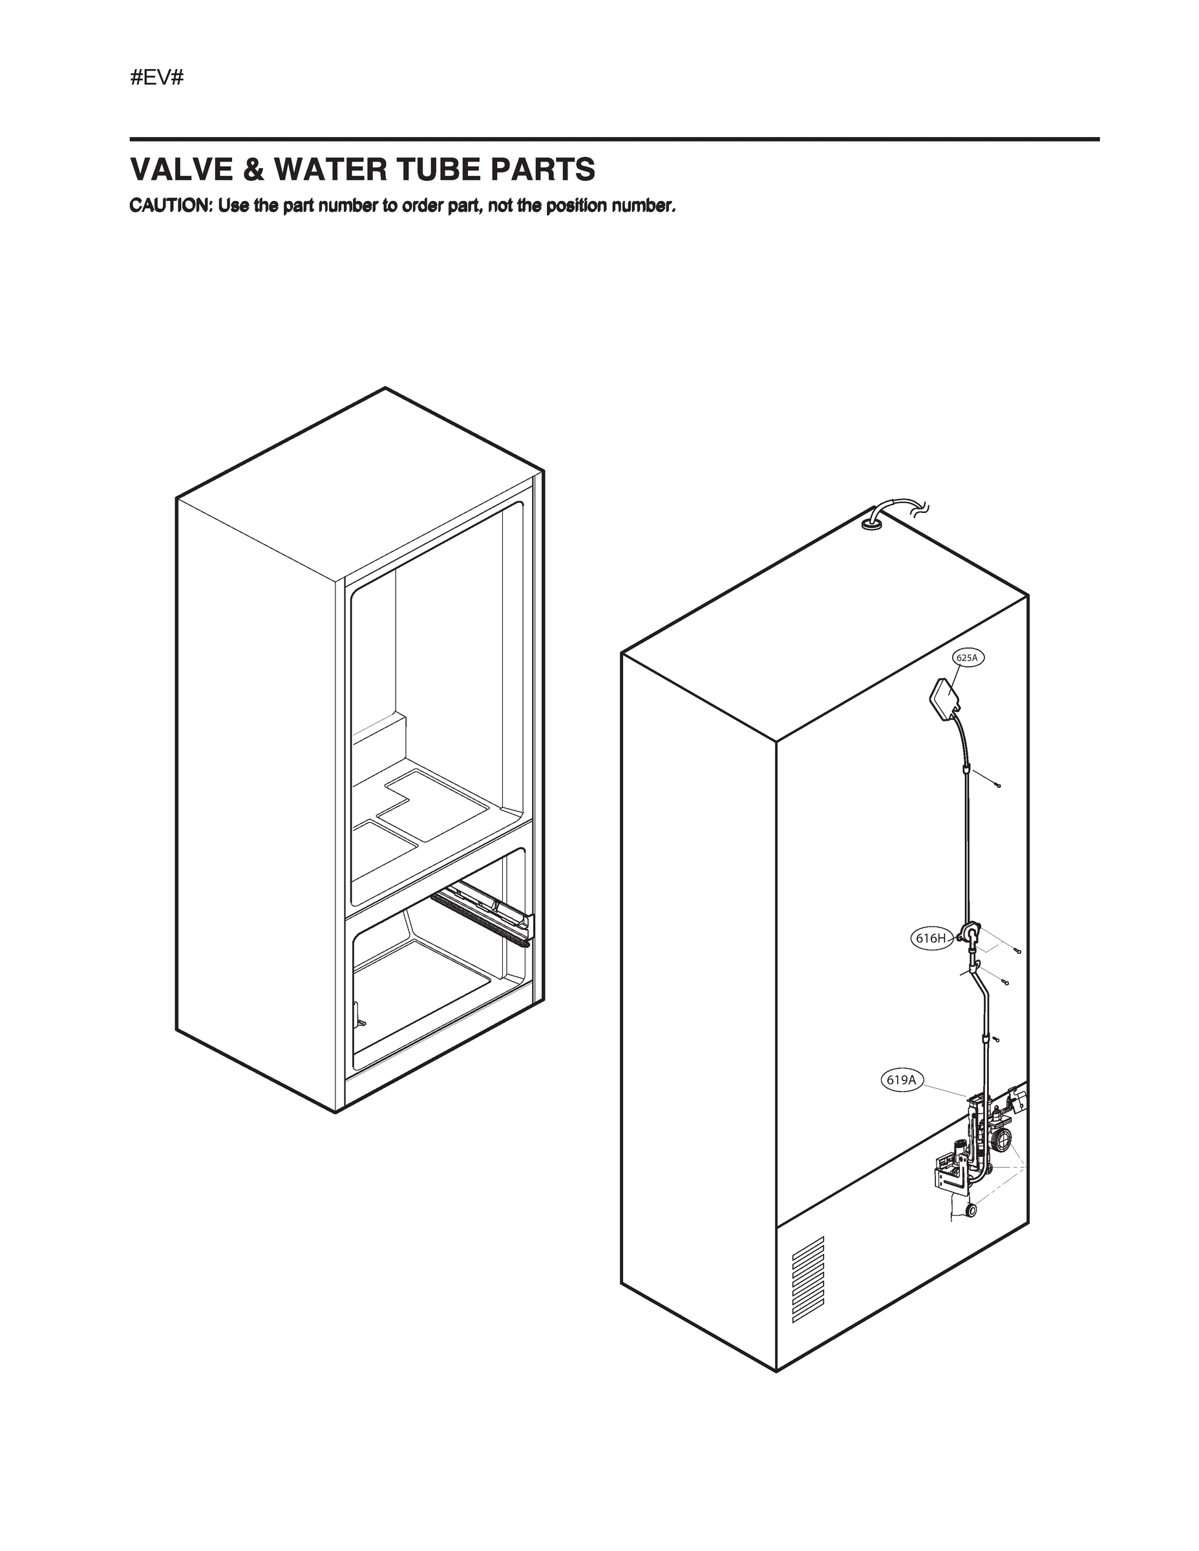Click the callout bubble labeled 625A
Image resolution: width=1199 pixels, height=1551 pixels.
967,659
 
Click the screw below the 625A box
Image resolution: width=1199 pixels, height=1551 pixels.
998,785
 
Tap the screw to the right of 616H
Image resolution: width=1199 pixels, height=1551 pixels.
1017,951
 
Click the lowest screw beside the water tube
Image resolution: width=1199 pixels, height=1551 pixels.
996,1039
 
